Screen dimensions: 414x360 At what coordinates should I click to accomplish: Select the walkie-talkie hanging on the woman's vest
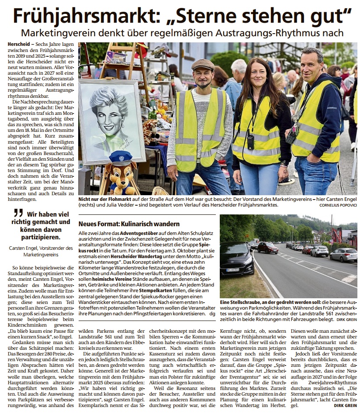251,141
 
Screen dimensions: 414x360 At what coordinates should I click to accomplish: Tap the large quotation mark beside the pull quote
18,214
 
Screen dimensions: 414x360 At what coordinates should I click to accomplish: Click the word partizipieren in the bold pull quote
40,238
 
